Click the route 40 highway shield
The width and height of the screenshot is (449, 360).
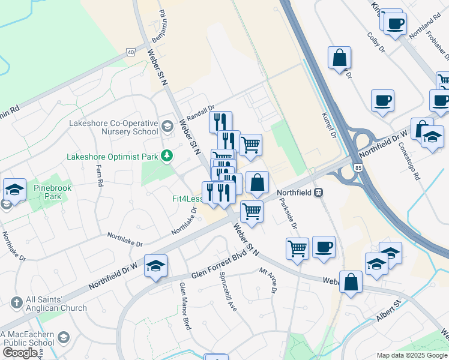coord(130,52)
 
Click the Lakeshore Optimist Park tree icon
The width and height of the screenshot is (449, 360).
coord(166,157)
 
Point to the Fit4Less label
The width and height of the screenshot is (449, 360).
coord(187,199)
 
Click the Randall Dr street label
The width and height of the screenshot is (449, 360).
coord(200,112)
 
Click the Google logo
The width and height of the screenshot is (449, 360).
coord(20,352)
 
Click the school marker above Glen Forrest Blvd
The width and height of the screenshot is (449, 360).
coord(155,266)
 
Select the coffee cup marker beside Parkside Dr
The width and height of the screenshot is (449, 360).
coord(324,247)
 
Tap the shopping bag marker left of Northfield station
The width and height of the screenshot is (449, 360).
coord(257,183)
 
